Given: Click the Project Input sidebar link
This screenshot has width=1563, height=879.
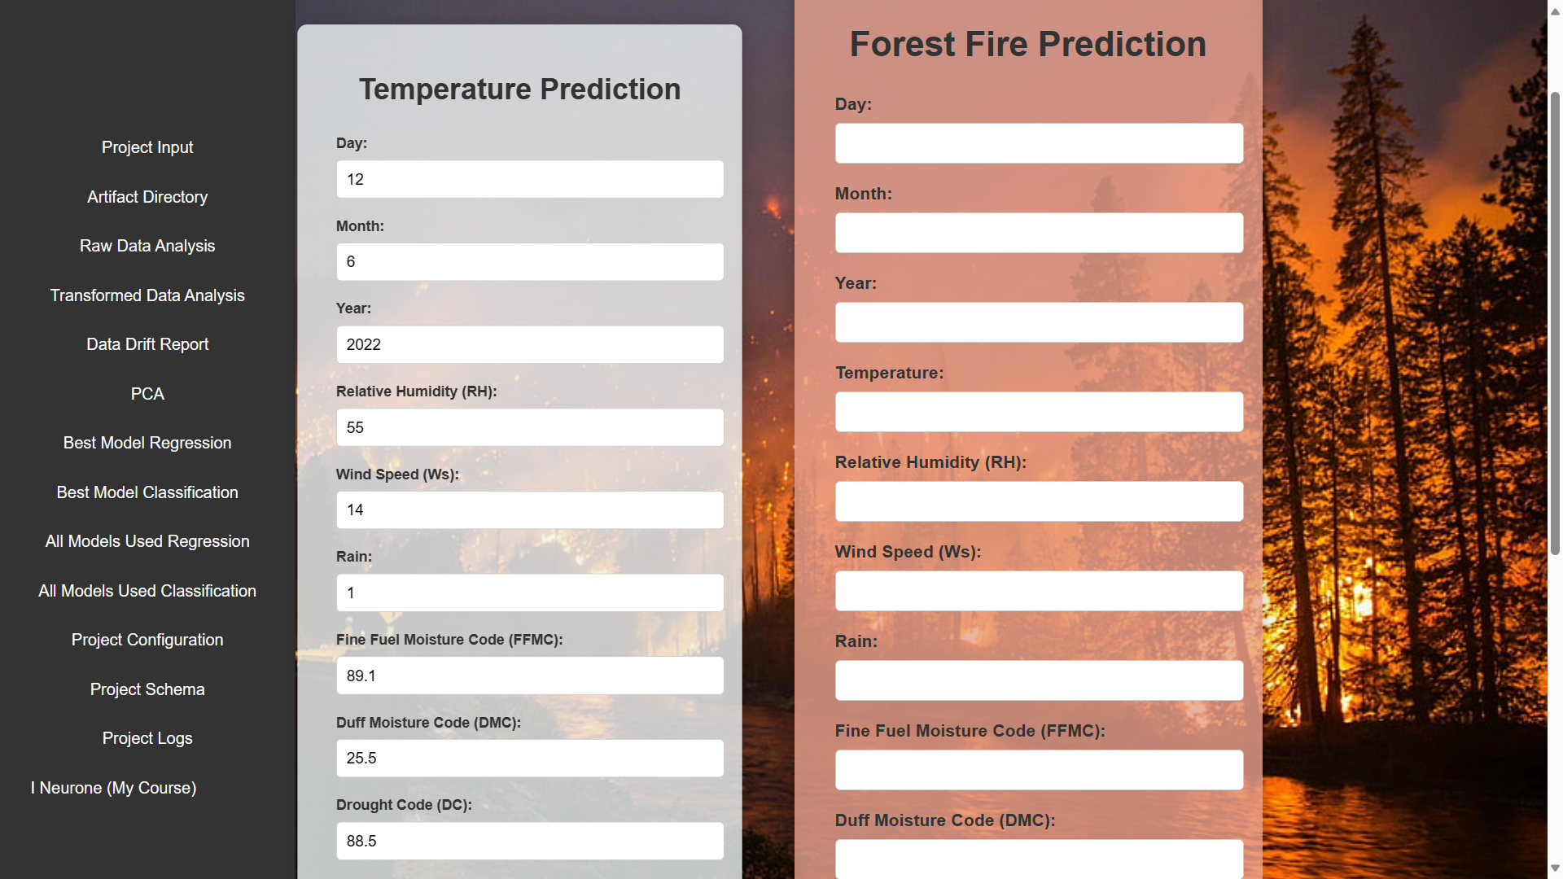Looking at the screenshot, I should pos(147,147).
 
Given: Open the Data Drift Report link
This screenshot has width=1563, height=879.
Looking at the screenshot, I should pos(147,344).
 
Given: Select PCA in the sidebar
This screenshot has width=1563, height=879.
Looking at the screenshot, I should pos(147,394).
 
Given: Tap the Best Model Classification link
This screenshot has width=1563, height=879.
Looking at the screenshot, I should pos(147,492).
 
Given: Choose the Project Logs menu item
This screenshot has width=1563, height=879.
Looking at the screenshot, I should pos(147,738).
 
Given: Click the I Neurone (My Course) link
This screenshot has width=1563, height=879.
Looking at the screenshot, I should pos(114,788).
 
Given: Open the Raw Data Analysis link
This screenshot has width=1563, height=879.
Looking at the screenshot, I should pos(147,246).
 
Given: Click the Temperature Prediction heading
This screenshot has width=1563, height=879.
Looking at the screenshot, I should pos(519,90).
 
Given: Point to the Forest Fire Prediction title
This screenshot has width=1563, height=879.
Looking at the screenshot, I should pos(1027,44).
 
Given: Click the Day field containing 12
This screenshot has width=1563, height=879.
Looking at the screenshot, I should pos(529,179).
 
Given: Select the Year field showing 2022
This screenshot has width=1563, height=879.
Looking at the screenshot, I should pos(529,344).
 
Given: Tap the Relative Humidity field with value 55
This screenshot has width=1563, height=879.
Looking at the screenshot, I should pos(529,427).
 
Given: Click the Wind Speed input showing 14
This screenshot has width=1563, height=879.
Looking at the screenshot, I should pos(529,510).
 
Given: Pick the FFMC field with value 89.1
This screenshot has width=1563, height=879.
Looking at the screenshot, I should pos(529,676).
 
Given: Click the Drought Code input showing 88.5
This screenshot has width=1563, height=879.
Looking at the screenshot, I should pos(529,841).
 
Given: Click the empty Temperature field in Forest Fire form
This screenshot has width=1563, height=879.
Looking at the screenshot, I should pos(1039,412).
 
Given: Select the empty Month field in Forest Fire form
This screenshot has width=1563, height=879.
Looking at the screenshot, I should pos(1039,233).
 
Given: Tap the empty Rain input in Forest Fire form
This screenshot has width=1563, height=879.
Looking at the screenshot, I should pos(1039,680).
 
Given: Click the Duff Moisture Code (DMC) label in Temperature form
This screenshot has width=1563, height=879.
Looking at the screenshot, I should pos(428,723).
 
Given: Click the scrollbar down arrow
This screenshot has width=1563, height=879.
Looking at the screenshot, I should pos(1555,868).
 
